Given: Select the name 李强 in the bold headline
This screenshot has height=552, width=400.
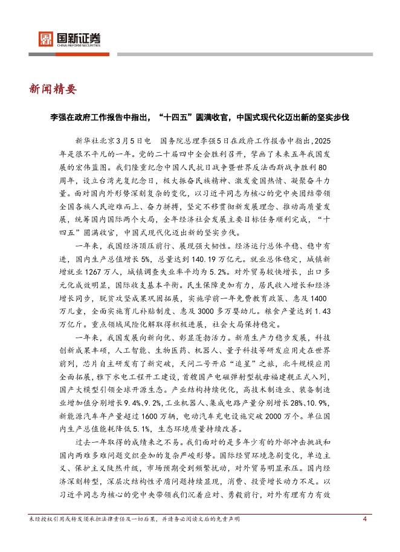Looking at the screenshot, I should point(59,117).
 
